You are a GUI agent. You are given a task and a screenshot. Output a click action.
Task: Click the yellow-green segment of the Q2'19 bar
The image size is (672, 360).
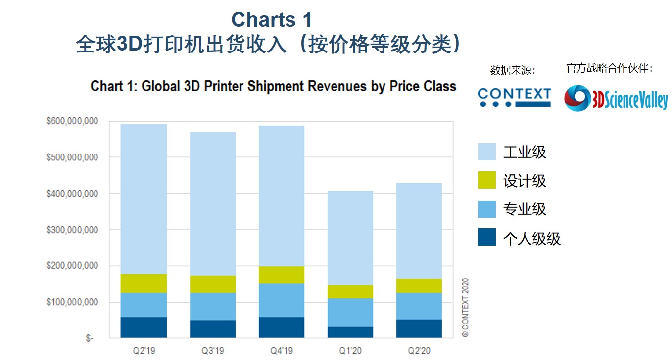(x=144, y=283)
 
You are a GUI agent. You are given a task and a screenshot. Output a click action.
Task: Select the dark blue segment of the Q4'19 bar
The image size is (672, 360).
(x=282, y=327)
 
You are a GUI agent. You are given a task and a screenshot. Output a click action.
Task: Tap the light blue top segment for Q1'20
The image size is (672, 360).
(x=350, y=238)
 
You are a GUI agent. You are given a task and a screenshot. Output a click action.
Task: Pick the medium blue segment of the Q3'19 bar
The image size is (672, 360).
(x=213, y=307)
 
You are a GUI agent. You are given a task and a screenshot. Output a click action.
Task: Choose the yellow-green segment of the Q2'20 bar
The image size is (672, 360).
(x=419, y=286)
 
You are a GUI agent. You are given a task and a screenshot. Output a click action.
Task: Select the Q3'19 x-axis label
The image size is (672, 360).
(x=213, y=351)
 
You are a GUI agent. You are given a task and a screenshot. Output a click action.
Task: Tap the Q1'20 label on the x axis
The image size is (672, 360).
(x=350, y=351)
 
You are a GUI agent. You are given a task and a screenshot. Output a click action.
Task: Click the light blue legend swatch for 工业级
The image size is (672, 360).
(x=486, y=152)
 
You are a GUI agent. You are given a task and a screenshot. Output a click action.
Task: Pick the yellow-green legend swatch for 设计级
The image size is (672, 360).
(x=486, y=180)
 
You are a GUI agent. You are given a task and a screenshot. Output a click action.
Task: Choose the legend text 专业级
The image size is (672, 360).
(x=525, y=209)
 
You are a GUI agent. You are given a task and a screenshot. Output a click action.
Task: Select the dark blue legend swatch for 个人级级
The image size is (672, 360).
(x=486, y=237)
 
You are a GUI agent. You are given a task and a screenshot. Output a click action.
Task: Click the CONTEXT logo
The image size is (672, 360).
(x=514, y=97)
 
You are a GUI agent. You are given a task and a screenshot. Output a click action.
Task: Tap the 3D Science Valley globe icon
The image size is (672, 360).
(x=577, y=98)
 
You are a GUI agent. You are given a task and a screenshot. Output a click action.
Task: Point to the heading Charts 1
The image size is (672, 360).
(x=272, y=20)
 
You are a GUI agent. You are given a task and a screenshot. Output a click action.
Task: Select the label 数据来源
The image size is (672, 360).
(x=513, y=70)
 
